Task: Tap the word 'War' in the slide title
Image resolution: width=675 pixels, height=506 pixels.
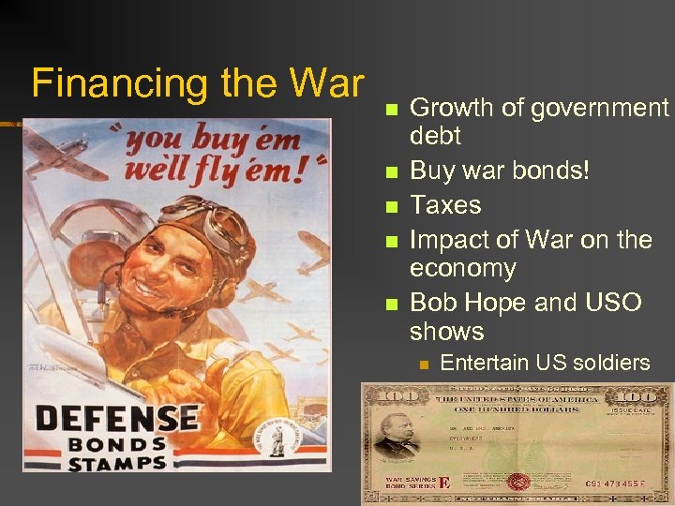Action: pyautogui.click(x=325, y=82)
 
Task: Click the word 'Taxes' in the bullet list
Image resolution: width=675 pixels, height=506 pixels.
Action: pyautogui.click(x=445, y=205)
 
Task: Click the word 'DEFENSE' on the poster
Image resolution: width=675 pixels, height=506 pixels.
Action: pyautogui.click(x=116, y=418)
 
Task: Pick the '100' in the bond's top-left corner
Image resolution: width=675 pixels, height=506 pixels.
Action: pyautogui.click(x=382, y=395)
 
